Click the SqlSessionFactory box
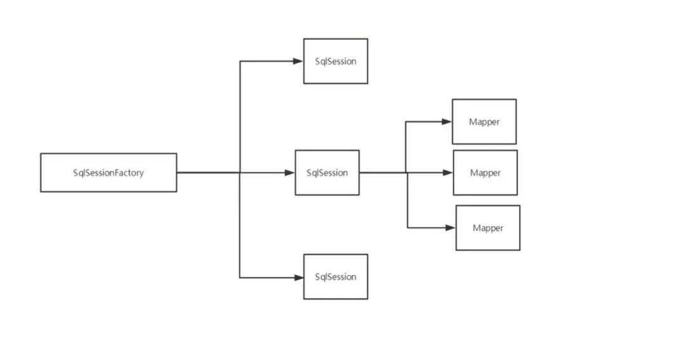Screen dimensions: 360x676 [x=109, y=172]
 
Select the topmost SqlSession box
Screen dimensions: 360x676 [x=335, y=61]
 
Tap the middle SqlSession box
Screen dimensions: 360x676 [x=327, y=172]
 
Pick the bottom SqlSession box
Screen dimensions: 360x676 [x=335, y=277]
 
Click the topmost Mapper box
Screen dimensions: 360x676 [x=484, y=121]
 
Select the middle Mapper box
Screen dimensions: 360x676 [x=485, y=172]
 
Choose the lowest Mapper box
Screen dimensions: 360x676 [x=487, y=227]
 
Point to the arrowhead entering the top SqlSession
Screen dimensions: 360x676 [x=298, y=61]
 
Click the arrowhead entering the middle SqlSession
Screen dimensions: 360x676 [x=290, y=172]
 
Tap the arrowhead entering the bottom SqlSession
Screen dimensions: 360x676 [x=298, y=277]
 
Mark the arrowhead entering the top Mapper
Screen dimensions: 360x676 [x=447, y=121]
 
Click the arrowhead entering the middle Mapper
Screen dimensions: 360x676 [x=448, y=172]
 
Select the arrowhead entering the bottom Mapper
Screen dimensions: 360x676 [x=451, y=227]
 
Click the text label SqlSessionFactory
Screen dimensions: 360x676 [x=109, y=173]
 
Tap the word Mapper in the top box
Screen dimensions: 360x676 [x=484, y=122]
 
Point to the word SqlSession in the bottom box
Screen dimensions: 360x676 [x=336, y=277]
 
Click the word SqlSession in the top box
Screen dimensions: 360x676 [x=336, y=62]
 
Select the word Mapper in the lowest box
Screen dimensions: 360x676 [x=488, y=228]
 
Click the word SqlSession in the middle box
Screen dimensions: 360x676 [x=327, y=173]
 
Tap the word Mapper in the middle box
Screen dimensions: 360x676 [x=486, y=173]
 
